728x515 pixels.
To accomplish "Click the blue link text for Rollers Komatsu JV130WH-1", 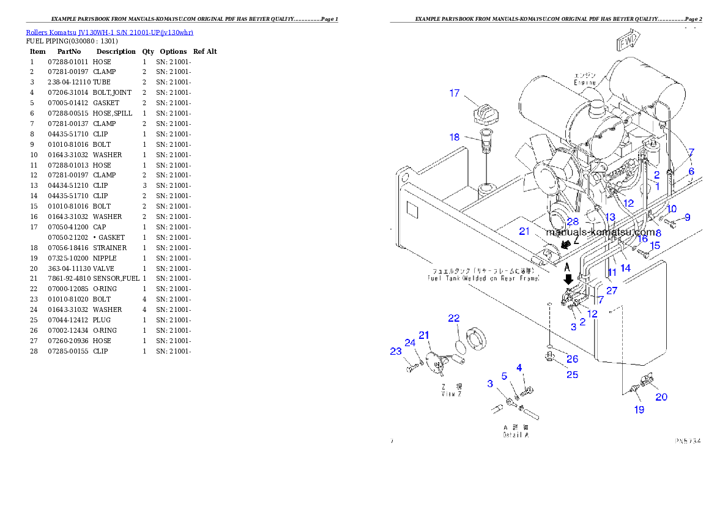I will pos(110,32).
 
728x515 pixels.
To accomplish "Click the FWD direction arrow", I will pos(628,42).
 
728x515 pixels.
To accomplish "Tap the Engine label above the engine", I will pos(584,78).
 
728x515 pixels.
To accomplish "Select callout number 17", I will pos(455,94).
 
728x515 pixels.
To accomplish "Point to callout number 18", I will pos(455,137).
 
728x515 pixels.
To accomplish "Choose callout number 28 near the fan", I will pos(573,221).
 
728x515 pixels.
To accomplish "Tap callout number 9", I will pos(687,217).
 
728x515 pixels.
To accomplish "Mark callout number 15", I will pos(655,246).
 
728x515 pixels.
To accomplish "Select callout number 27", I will pos(612,291).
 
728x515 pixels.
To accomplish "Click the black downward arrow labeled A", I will pos(568,278).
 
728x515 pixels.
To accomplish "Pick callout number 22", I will pos(453,318).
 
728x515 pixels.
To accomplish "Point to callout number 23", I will pos(396,351).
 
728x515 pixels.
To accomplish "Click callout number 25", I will pos(572,374).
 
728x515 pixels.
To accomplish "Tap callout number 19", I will pos(639,410).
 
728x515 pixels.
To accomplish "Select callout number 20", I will pos(661,397).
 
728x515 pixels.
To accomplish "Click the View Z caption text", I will pos(452,390).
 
